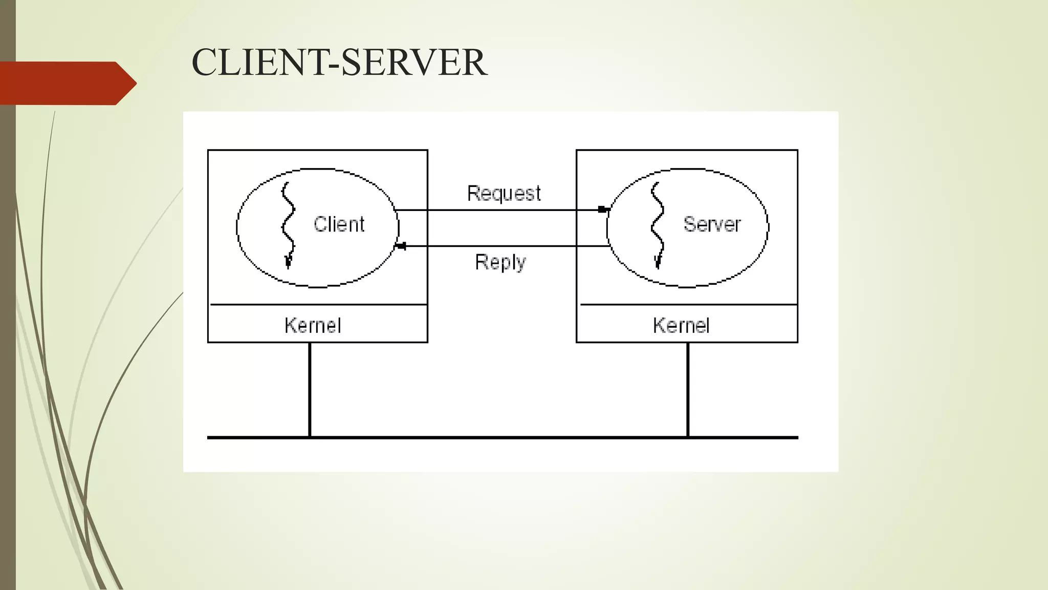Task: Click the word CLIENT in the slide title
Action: [258, 62]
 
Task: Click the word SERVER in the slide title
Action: [413, 62]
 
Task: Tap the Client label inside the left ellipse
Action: [339, 224]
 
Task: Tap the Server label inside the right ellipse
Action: [712, 224]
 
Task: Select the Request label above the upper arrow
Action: [504, 194]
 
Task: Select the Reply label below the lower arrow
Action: [500, 262]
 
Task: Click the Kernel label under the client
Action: [313, 325]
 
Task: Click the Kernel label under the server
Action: [681, 325]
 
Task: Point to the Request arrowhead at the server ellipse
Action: [604, 209]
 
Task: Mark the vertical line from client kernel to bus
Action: [310, 389]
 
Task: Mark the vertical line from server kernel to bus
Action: [688, 389]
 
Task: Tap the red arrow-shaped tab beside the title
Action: [67, 83]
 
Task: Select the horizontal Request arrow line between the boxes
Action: [501, 210]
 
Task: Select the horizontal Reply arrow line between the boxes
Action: [501, 246]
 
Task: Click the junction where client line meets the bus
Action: [310, 437]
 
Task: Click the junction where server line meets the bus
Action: [688, 437]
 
